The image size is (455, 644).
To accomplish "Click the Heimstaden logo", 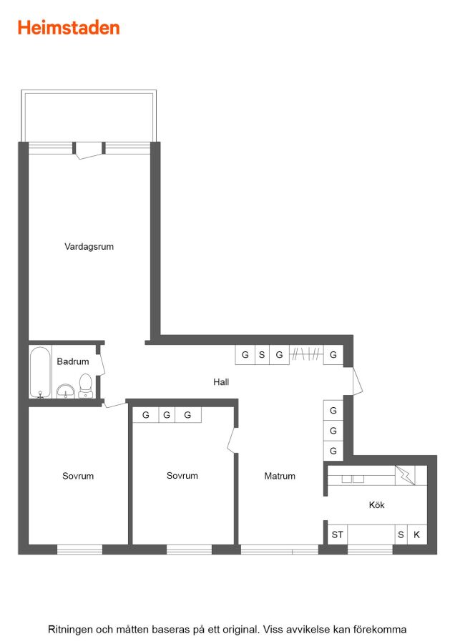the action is tap(69, 28).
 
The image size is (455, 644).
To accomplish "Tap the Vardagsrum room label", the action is tap(89, 246).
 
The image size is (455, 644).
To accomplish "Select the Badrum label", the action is tap(73, 361).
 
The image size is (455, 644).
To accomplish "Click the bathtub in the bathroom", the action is tap(40, 373).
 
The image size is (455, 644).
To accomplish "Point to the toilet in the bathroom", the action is tap(86, 385).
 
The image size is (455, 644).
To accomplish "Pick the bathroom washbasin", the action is tap(65, 391).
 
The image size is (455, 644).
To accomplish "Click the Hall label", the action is tap(221, 382).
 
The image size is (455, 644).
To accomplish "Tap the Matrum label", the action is tap(280, 476).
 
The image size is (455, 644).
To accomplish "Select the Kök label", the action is tap(376, 504).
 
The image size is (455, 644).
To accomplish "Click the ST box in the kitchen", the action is tap(338, 535).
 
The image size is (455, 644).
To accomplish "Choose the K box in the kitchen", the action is tap(417, 535).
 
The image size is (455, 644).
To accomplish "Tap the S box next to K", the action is tap(401, 535).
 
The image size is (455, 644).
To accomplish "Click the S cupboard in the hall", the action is tap(262, 354).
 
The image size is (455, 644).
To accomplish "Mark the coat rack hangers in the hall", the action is tap(306, 353).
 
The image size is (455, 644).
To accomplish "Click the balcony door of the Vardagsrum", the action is tap(89, 150).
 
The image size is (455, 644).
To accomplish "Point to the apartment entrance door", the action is tap(357, 381).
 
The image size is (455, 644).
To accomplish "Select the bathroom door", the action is tap(101, 364).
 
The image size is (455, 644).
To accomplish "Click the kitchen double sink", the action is tap(353, 479).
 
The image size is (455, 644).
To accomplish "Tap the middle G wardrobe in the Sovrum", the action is tap(167, 415).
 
